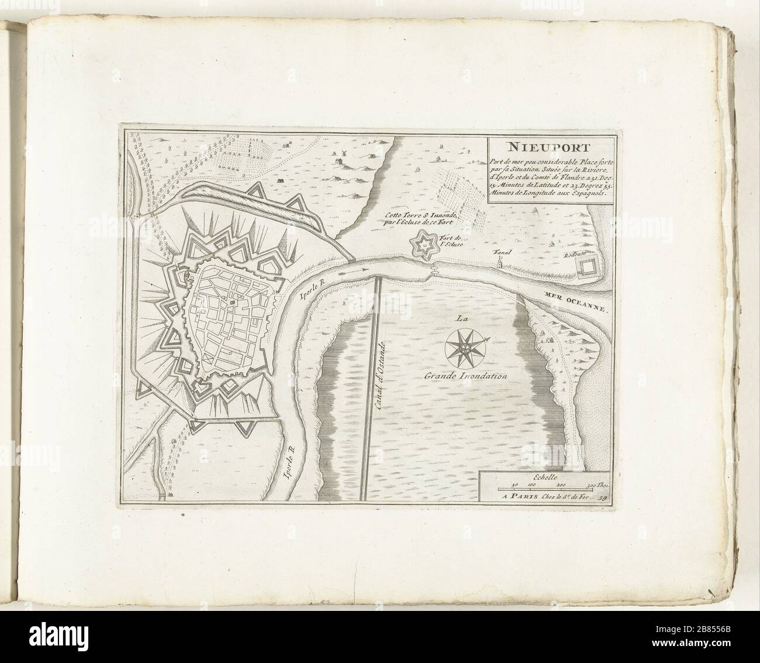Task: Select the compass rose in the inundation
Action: (x=465, y=346)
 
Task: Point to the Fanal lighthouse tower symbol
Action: (x=500, y=263)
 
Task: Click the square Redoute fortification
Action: (x=585, y=267)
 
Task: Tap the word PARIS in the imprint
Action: (x=526, y=496)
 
